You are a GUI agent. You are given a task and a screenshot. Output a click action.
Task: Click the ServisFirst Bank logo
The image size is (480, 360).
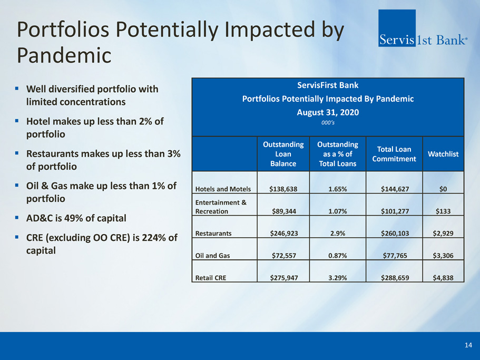point(423,28)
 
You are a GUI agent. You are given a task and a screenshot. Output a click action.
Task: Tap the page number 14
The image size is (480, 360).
point(468,345)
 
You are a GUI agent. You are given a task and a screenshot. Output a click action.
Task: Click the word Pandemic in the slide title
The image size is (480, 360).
point(64,55)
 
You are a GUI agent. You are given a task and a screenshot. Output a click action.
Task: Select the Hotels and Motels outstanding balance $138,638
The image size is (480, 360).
point(283,189)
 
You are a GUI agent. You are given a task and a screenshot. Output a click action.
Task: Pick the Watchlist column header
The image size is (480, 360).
point(443,154)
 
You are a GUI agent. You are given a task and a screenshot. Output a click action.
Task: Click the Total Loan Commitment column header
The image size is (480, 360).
point(394,154)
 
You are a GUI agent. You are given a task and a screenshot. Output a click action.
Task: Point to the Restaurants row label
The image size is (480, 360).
point(213,233)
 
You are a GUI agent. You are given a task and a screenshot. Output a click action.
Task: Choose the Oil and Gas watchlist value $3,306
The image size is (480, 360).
point(443,256)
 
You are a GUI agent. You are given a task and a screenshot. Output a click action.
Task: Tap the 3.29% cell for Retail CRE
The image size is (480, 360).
point(338,278)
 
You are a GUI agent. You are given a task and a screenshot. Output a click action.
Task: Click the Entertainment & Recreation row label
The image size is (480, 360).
point(221,207)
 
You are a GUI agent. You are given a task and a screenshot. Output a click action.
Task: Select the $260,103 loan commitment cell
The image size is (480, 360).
point(395,233)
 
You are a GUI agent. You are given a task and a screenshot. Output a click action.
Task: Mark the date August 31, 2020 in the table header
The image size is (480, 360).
point(328,112)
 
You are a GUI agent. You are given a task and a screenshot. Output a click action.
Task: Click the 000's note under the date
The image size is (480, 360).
point(328,123)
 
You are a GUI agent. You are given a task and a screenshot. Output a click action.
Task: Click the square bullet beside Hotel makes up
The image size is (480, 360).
point(17,121)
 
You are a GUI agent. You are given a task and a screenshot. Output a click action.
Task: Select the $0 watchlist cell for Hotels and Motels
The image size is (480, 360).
point(443,189)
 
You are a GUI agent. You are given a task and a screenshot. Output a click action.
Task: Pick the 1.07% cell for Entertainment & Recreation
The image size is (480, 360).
point(338,211)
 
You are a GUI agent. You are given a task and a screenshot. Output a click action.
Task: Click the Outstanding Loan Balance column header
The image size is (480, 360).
point(283,154)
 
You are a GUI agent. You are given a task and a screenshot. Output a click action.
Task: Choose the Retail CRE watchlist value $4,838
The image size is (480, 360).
point(443,278)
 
